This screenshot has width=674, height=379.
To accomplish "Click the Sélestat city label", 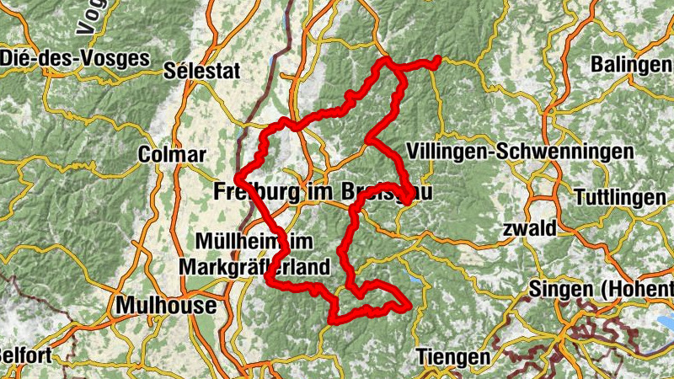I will [x=203, y=71].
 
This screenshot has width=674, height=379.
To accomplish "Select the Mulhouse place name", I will [x=166, y=305].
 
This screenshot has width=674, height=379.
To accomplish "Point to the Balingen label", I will [x=631, y=65].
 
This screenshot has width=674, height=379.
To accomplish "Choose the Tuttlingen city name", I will [x=619, y=198].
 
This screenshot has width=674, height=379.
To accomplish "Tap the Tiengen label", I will [x=453, y=358].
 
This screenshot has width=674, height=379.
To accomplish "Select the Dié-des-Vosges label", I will [x=75, y=58].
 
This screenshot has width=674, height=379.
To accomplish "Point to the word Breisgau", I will [x=388, y=191].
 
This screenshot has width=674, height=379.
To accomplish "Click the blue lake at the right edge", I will [x=666, y=323].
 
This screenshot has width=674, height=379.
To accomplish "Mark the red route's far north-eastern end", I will [x=438, y=59].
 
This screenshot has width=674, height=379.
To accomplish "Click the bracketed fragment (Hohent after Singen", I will [x=636, y=290].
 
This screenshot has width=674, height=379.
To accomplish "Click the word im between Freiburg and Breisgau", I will [x=321, y=191].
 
